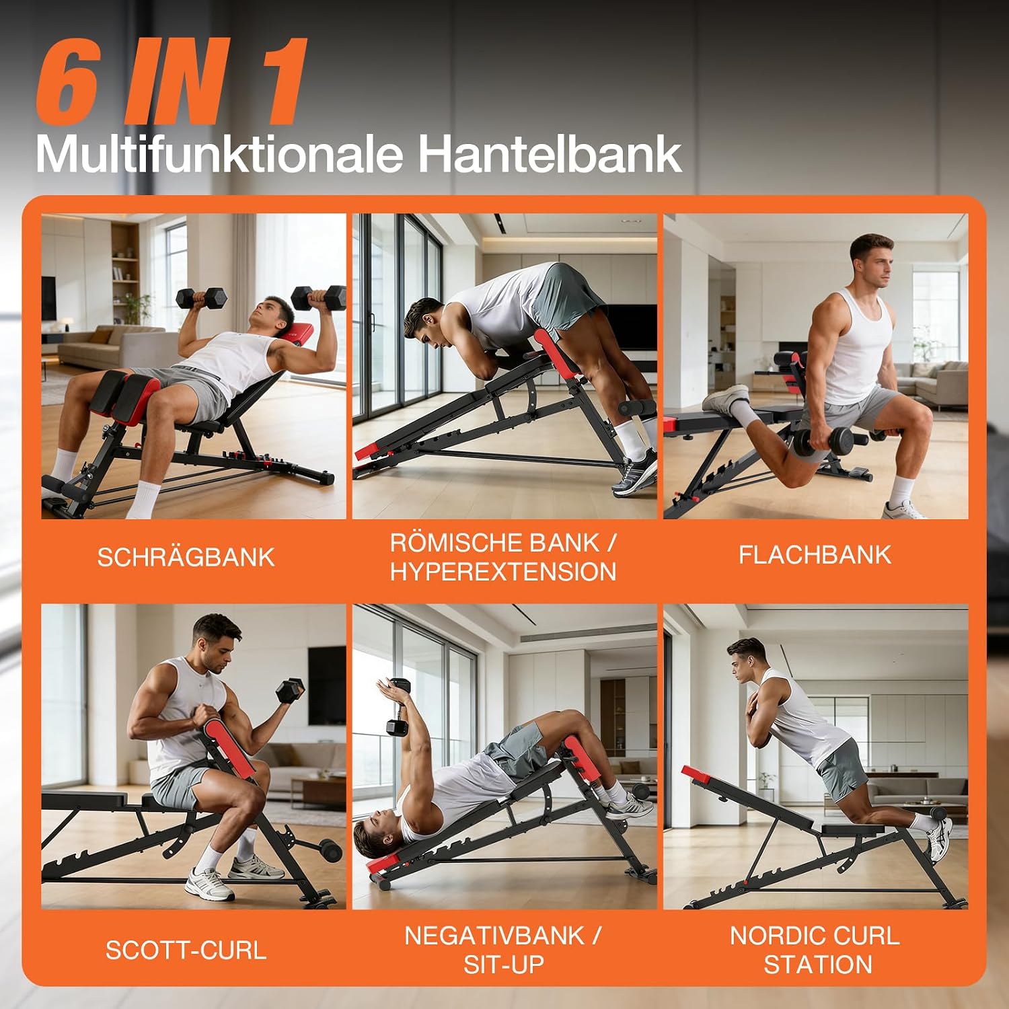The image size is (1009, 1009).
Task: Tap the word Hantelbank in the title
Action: click(x=550, y=154)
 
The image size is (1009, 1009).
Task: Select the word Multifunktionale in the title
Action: click(x=219, y=154)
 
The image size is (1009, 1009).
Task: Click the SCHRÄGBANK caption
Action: click(x=186, y=556)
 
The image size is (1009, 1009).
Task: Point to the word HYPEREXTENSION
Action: click(x=503, y=572)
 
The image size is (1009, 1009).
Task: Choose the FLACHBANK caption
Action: click(x=815, y=555)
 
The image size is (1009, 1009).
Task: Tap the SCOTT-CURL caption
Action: click(x=186, y=950)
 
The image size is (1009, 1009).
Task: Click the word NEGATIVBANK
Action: click(x=494, y=936)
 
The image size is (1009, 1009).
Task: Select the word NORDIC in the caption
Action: click(x=771, y=936)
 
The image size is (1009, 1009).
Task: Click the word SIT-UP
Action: click(x=503, y=965)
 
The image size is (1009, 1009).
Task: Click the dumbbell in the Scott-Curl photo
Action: click(x=290, y=691)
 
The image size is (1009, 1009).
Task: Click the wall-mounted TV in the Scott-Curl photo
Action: click(x=327, y=685)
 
